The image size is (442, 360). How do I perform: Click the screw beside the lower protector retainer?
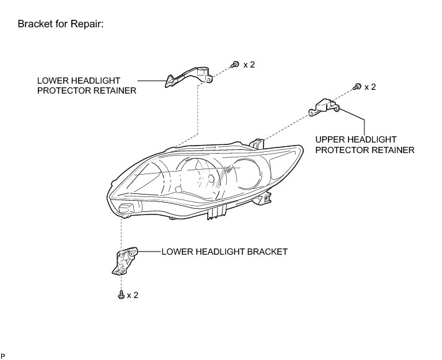click(x=235, y=64)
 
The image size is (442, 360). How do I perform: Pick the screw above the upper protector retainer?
click(x=357, y=87)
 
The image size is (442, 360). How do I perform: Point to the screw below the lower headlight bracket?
click(x=120, y=296)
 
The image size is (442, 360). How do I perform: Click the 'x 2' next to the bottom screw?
click(x=132, y=296)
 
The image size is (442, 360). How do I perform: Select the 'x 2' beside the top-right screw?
click(x=370, y=87)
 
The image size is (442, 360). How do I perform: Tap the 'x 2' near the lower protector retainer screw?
click(x=249, y=64)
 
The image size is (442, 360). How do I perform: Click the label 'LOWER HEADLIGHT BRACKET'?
click(x=224, y=252)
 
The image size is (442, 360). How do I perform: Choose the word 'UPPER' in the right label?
click(x=329, y=139)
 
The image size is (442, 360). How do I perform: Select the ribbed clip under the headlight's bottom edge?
click(x=216, y=212)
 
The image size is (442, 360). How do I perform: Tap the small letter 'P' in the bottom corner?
click(x=4, y=355)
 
